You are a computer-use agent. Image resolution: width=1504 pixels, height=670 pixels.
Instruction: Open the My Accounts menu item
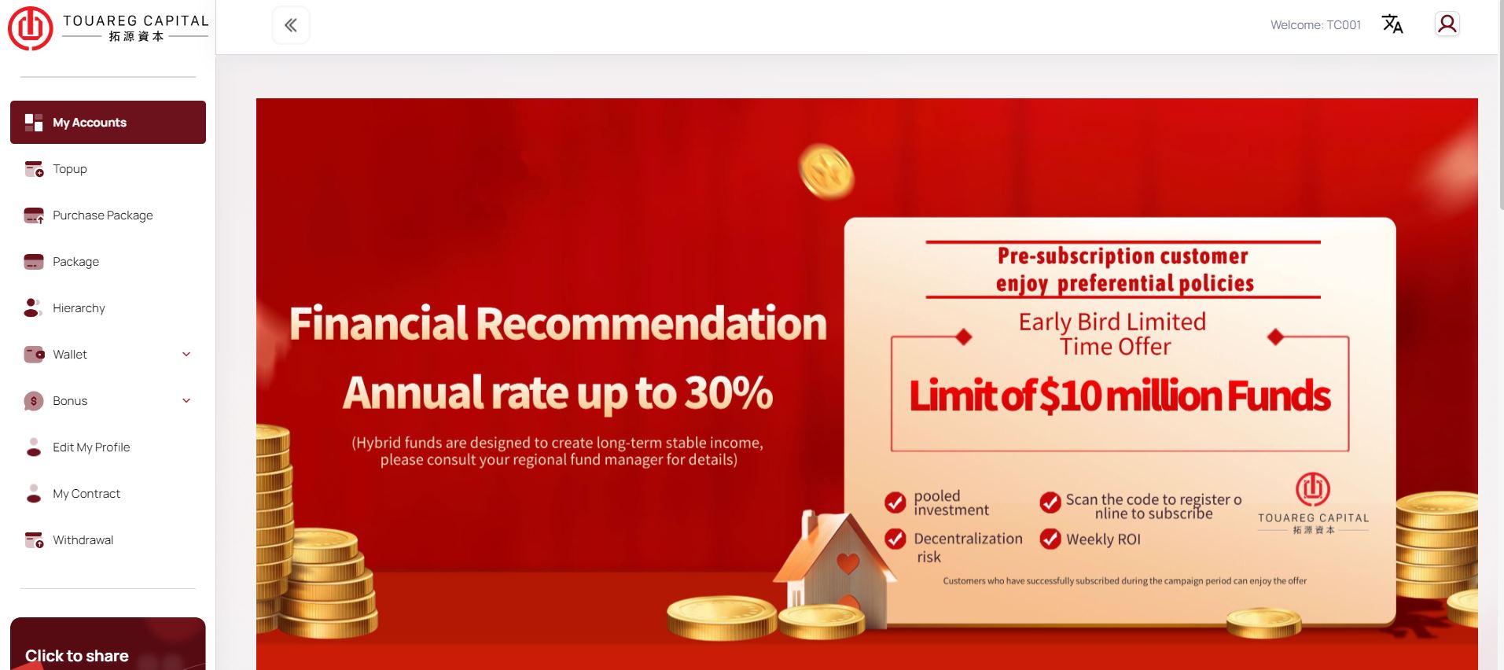[108, 122]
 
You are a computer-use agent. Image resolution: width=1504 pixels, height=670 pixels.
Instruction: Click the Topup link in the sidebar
[69, 169]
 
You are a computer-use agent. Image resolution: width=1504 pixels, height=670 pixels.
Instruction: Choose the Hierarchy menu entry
[79, 308]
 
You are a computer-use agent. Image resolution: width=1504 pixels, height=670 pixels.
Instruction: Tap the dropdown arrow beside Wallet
[186, 355]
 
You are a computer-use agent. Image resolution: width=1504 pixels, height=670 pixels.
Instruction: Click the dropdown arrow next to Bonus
[186, 401]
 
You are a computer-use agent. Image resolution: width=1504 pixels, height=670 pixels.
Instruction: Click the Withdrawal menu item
[83, 540]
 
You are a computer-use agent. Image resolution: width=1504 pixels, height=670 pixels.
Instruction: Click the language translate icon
[1392, 24]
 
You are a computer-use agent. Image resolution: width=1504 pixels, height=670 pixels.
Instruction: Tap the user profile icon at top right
[1447, 24]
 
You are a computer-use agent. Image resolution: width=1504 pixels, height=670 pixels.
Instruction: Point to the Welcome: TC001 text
[1315, 25]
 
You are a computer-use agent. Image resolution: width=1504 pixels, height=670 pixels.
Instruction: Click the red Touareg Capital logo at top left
[30, 28]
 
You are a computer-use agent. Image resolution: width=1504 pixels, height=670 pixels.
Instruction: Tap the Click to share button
[108, 644]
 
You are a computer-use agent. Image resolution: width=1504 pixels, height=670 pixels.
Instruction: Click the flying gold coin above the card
[826, 171]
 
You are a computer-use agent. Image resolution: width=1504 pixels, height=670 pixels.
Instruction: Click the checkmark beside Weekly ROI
[1050, 539]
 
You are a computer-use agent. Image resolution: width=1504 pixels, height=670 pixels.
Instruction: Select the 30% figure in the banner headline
[729, 392]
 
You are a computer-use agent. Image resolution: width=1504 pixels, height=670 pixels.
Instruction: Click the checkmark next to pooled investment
[895, 502]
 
